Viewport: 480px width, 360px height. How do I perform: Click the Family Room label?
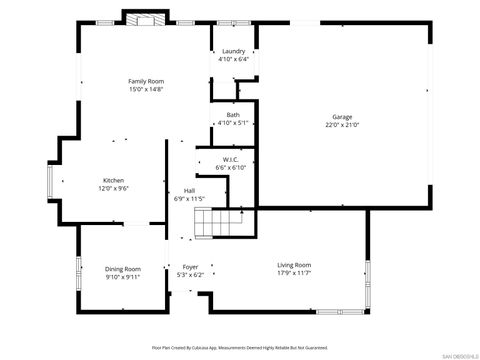pos(145,80)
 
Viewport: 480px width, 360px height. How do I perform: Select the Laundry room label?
pos(233,51)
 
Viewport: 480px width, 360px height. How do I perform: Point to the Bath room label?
pos(233,115)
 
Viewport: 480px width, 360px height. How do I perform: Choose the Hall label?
pos(189,191)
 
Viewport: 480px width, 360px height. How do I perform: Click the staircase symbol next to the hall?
pos(220,224)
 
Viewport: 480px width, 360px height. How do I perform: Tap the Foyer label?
pos(189,267)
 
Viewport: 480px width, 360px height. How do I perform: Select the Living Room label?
pos(294,265)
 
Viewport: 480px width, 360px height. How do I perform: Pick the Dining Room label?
pos(124,268)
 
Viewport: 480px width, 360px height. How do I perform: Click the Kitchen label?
pos(114,180)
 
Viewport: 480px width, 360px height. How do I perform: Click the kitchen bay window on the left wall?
pos(51,185)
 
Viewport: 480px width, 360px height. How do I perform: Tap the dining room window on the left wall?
pos(79,274)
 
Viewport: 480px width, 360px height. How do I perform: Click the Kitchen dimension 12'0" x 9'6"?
pos(114,188)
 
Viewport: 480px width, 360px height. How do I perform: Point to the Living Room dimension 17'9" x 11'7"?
pos(294,273)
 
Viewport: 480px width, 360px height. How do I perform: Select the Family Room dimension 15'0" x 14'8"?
pos(145,88)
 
